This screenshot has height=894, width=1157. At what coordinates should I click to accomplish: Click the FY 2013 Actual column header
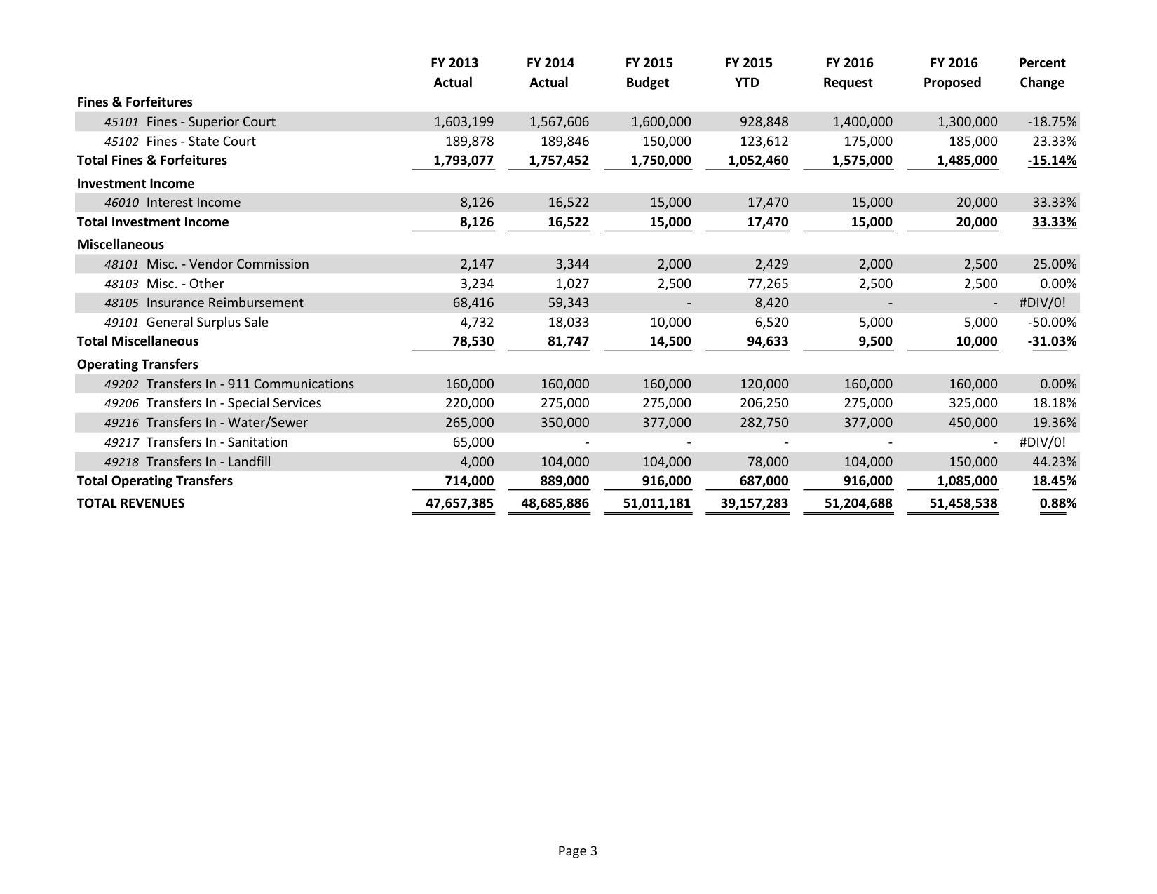coord(454,72)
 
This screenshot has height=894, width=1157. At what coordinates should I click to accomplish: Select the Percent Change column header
coord(1041,72)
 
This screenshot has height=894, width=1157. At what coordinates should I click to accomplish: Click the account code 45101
coord(121,122)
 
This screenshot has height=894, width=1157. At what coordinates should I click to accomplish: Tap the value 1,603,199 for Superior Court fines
coord(464,122)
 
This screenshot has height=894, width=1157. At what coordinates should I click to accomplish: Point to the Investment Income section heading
coord(135,183)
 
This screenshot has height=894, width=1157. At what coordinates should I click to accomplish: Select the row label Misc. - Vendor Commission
coord(227,264)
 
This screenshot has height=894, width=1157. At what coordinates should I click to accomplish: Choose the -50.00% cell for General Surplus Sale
coord(1052,323)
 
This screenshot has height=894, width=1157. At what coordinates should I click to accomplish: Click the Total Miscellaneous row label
coord(137,341)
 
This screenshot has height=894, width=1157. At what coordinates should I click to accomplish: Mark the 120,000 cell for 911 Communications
coord(764,384)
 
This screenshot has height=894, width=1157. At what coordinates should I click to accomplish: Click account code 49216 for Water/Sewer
coord(121,423)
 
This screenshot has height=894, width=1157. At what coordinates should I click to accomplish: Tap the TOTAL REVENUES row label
coord(130,503)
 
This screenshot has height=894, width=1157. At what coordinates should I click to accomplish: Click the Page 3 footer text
coord(577,851)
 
